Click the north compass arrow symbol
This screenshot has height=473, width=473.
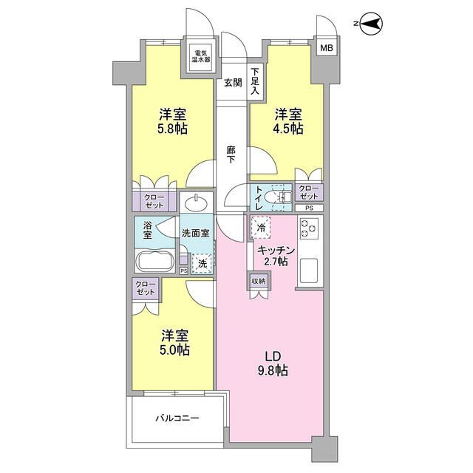pyautogui.click(x=371, y=24)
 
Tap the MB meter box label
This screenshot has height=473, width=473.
pyautogui.click(x=327, y=47)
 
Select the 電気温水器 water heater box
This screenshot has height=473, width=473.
pyautogui.click(x=201, y=56)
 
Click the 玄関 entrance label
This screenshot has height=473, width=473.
pyautogui.click(x=233, y=83)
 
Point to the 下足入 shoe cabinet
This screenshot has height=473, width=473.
pyautogui.click(x=256, y=81)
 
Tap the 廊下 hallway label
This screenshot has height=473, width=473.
pyautogui.click(x=231, y=154)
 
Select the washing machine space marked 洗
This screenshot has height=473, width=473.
pyautogui.click(x=202, y=264)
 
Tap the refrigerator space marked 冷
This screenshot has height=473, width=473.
pyautogui.click(x=261, y=228)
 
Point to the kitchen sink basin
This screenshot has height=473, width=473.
pyautogui.click(x=307, y=270)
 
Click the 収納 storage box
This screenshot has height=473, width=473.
pyautogui.click(x=259, y=281)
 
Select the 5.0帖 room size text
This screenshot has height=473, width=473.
pyautogui.click(x=175, y=350)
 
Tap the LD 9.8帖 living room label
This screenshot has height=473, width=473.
pyautogui.click(x=273, y=364)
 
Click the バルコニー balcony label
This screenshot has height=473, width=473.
pyautogui.click(x=177, y=418)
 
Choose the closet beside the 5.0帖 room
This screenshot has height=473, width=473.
pyautogui.click(x=145, y=289)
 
